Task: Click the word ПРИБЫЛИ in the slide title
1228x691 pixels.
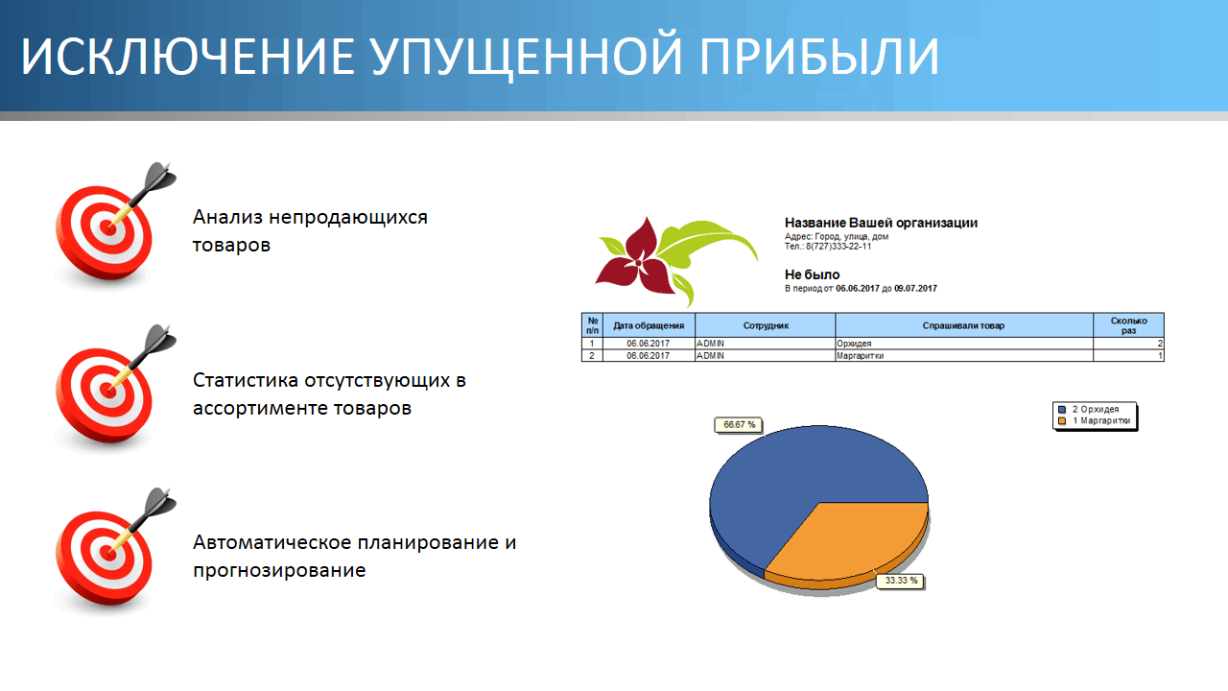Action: tap(819, 56)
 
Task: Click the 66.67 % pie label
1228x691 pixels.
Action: tap(739, 425)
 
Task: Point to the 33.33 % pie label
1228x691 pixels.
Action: tap(900, 581)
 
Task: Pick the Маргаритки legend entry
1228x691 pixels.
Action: tap(1095, 420)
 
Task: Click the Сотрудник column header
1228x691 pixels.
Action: tap(766, 325)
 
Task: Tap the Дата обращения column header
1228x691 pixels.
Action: tap(649, 325)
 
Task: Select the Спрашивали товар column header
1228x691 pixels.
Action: tap(963, 325)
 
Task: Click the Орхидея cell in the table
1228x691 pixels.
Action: tap(854, 344)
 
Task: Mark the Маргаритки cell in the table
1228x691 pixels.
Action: tap(860, 356)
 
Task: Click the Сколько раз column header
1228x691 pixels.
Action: tap(1128, 325)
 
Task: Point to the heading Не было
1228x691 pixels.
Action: tap(812, 274)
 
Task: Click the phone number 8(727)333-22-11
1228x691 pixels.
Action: tap(838, 247)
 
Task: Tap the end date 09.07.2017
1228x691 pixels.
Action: tap(915, 289)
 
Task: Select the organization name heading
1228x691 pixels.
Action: tap(881, 223)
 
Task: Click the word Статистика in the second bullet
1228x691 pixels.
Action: tap(245, 380)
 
